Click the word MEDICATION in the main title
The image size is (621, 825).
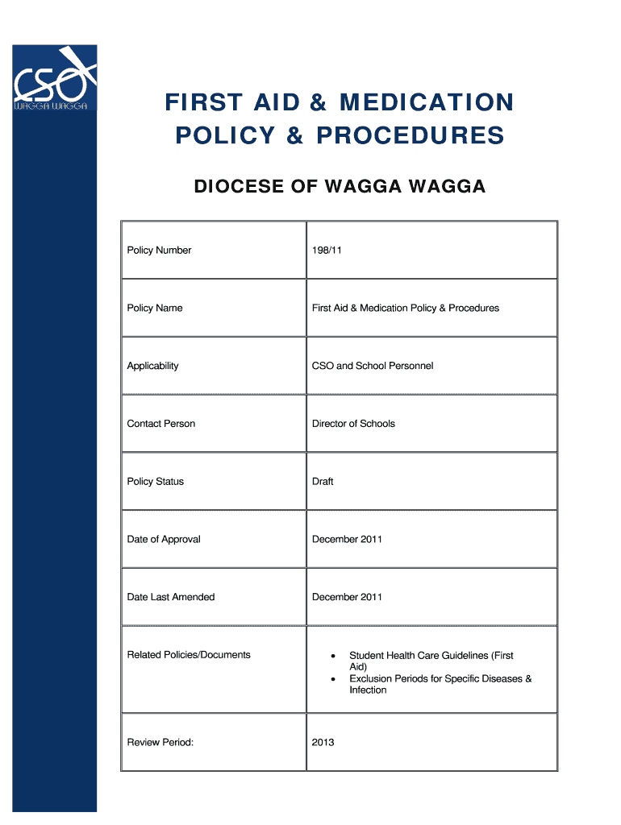tap(427, 103)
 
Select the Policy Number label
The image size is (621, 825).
tap(159, 251)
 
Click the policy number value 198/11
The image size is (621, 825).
tap(327, 251)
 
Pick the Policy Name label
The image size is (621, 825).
tap(155, 309)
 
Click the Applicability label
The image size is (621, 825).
tap(152, 366)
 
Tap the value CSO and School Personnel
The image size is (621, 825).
tap(373, 366)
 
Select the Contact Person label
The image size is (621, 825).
tap(160, 424)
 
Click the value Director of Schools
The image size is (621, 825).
tap(353, 424)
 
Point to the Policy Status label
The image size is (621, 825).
tap(155, 482)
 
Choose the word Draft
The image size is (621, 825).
tap(323, 482)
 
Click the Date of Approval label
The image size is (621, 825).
tap(164, 539)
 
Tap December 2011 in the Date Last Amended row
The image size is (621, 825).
tap(347, 597)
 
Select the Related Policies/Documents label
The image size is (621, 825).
tap(189, 655)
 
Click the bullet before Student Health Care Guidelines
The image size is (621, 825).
tap(333, 657)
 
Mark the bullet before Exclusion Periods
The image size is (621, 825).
tap(333, 679)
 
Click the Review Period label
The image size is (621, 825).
tap(160, 742)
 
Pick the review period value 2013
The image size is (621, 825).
tap(323, 742)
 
